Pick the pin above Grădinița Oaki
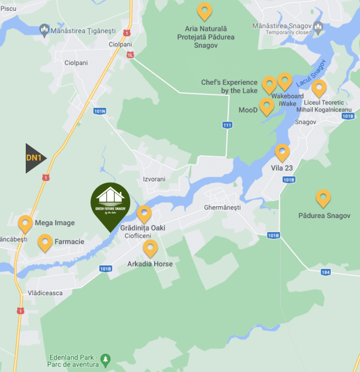(144, 214)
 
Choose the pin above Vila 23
(282, 152)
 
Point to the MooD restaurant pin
(266, 106)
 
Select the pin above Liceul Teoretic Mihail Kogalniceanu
(319, 88)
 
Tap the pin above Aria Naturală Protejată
(204, 11)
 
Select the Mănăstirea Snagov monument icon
(318, 26)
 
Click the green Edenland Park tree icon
(106, 360)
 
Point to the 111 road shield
(227, 125)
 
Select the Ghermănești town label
(222, 207)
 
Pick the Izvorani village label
(154, 179)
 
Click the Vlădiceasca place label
(45, 293)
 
